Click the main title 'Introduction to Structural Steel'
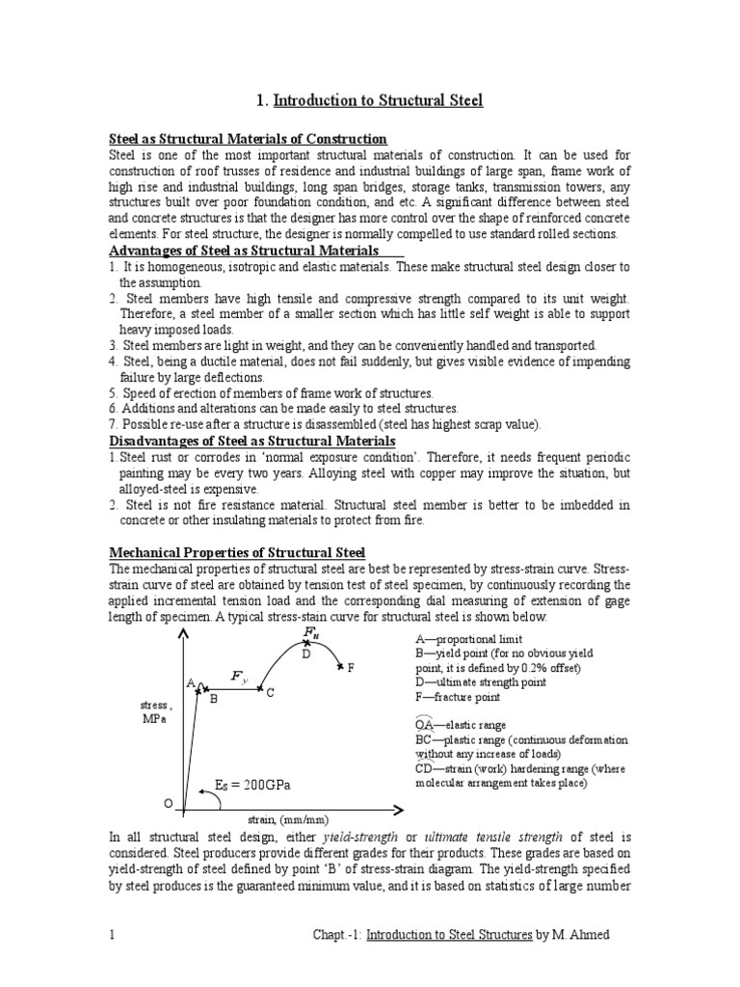point(379,100)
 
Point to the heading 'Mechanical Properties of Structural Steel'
point(237,552)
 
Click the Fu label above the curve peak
point(310,633)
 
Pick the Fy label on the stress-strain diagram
point(239,677)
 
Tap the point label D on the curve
point(305,654)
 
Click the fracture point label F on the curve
point(351,667)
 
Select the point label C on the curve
point(271,693)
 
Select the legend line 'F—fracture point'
point(459,697)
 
